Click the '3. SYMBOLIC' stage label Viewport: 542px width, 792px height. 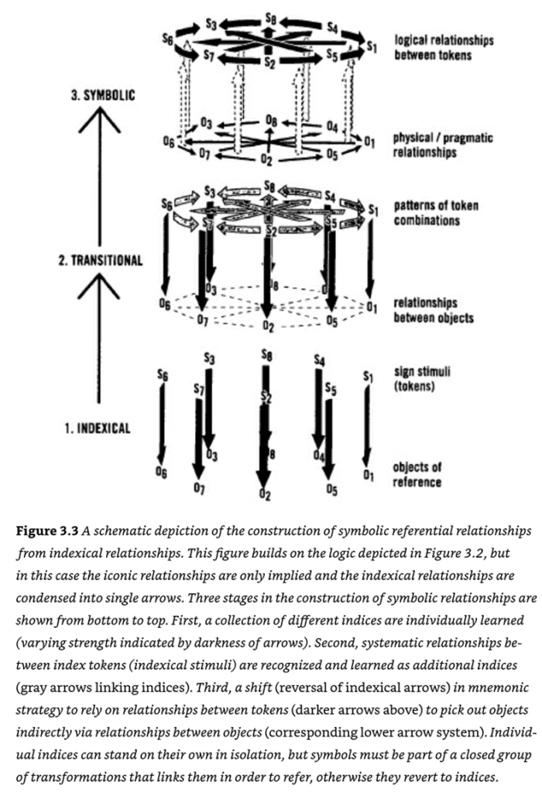click(x=104, y=96)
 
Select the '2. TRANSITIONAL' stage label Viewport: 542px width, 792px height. click(x=101, y=261)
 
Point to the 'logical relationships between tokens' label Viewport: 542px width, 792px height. click(x=444, y=46)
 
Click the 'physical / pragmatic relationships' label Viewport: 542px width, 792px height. click(x=443, y=145)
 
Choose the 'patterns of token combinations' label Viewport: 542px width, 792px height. click(x=436, y=213)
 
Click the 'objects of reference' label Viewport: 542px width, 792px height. click(x=417, y=474)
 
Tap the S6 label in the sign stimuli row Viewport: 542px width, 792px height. click(x=162, y=374)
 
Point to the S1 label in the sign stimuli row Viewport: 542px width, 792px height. click(x=367, y=377)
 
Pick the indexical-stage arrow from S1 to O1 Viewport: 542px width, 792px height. click(x=367, y=424)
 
